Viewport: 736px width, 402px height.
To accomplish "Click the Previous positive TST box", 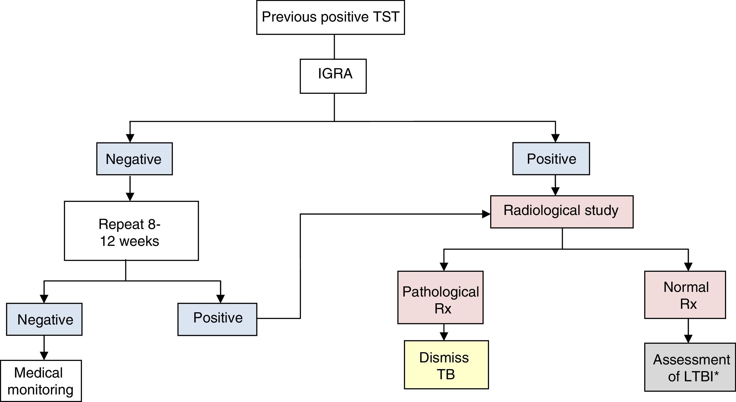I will pyautogui.click(x=330, y=17).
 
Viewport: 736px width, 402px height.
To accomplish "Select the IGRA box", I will pyautogui.click(x=333, y=76).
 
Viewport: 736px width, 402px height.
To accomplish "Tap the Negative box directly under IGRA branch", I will pyautogui.click(x=134, y=159).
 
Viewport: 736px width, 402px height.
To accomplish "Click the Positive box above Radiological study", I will pyautogui.click(x=551, y=159).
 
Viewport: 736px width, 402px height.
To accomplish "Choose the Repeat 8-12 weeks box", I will pyautogui.click(x=131, y=231).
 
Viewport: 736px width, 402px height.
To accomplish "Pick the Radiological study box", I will pyautogui.click(x=562, y=212).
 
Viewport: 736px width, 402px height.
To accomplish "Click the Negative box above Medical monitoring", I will pyautogui.click(x=44, y=319).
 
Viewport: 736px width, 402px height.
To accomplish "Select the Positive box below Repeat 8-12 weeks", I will pyautogui.click(x=217, y=319).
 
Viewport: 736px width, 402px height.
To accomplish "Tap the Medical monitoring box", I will pyautogui.click(x=41, y=381).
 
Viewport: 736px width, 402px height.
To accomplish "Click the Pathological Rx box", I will pyautogui.click(x=440, y=297).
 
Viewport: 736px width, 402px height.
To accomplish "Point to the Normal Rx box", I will pyautogui.click(x=685, y=295).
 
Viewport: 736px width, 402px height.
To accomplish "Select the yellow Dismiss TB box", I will pyautogui.click(x=446, y=365).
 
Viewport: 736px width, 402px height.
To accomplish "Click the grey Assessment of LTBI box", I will pyautogui.click(x=690, y=367).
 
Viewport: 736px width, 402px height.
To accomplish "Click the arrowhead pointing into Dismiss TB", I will pyautogui.click(x=444, y=337).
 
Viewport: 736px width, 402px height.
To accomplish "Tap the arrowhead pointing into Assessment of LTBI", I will pyautogui.click(x=688, y=339).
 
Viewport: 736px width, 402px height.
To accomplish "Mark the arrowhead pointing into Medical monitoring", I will pyautogui.click(x=44, y=356).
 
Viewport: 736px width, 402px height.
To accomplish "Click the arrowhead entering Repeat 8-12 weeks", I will pyautogui.click(x=130, y=197).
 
